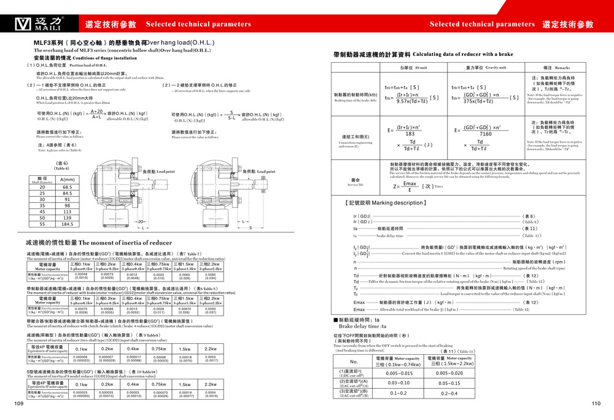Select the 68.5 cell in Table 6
(68, 187)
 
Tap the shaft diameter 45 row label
(42, 212)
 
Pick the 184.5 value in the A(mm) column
(68, 224)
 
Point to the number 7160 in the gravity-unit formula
(486, 133)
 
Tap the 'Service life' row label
(356, 183)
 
